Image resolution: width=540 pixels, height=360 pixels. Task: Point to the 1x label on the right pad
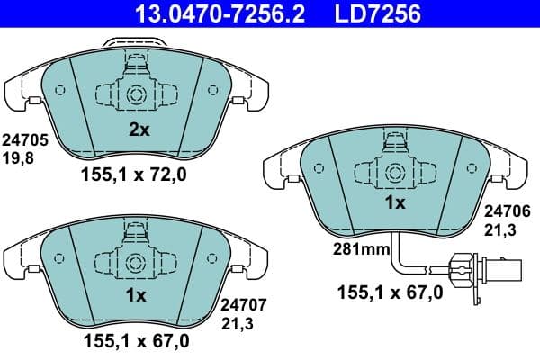point(396,203)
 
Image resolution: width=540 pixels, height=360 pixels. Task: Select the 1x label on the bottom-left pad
point(137,295)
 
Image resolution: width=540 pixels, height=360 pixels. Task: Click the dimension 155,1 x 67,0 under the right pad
point(391,292)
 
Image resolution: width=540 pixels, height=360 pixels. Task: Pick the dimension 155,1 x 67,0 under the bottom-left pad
point(135,340)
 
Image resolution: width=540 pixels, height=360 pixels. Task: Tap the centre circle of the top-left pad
point(138,95)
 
